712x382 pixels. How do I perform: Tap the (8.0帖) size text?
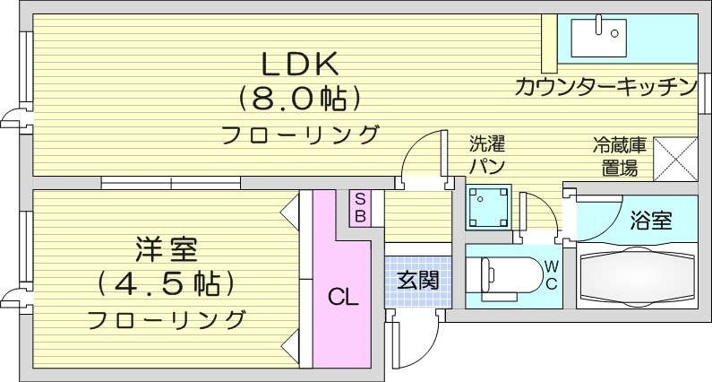click(299, 97)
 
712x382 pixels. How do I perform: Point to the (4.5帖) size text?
click(167, 283)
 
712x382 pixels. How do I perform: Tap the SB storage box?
click(359, 208)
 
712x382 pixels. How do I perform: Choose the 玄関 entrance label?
click(418, 280)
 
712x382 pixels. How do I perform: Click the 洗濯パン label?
click(488, 154)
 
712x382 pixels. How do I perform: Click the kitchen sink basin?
click(599, 37)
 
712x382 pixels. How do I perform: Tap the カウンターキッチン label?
click(605, 88)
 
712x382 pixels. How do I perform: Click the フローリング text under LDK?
click(299, 135)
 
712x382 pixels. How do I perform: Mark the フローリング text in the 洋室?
click(167, 318)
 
